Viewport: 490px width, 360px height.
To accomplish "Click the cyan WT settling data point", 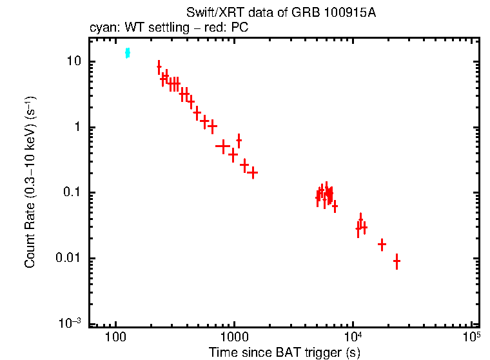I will (x=128, y=53).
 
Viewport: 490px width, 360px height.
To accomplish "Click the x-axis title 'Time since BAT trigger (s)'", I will (x=284, y=352).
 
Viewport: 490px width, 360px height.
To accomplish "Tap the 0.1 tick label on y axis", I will (x=70, y=193).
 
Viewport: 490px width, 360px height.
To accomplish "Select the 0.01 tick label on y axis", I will (x=68, y=259).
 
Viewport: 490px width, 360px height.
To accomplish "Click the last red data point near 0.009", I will (x=397, y=261).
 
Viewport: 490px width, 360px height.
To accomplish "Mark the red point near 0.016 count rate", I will (x=382, y=245).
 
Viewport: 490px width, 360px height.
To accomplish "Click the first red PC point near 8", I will (x=159, y=67).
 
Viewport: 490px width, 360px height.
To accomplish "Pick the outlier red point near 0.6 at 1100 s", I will (x=239, y=140).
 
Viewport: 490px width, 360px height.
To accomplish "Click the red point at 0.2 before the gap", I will (x=253, y=173).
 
